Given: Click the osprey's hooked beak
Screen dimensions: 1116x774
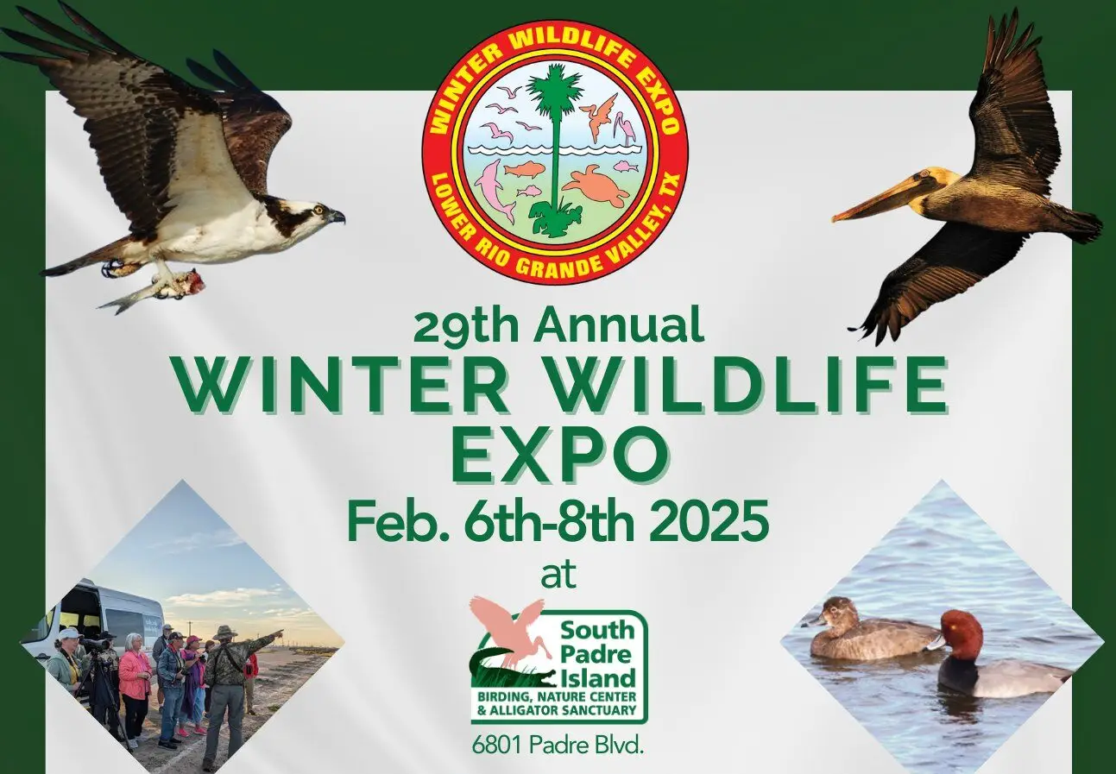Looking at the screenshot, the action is [337, 217].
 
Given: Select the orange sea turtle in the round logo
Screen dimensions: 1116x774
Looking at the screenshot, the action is [597, 186].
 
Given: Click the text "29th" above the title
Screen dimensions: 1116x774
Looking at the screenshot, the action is [466, 325].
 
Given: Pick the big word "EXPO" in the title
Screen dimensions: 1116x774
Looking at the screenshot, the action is [559, 454].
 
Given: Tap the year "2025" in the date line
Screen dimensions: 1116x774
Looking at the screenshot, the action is [708, 523].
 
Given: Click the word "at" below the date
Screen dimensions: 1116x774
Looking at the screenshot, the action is [558, 575].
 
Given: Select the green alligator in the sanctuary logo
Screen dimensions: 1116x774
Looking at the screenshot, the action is [514, 670].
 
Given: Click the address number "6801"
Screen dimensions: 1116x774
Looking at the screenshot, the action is [498, 746].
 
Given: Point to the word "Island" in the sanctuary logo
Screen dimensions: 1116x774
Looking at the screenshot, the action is [598, 678].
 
